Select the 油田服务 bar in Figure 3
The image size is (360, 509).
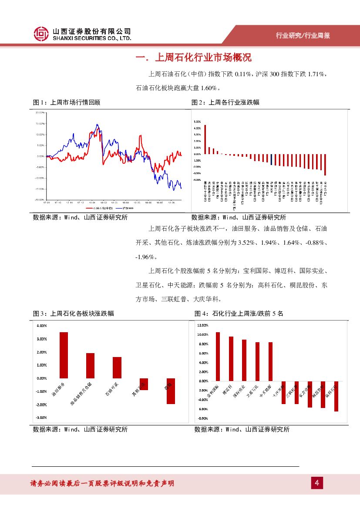[64, 355]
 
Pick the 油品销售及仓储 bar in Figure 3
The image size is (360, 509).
[90, 365]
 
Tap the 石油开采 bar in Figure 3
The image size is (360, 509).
[117, 367]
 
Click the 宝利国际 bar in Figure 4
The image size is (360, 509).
[218, 356]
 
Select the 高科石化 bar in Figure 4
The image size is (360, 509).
[336, 396]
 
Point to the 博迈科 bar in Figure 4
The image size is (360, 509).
[231, 358]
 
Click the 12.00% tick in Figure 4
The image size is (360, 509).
[203, 325]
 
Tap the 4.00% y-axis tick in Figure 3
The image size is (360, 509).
[42, 326]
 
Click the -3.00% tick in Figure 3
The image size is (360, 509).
[42, 418]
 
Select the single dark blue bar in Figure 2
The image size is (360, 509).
[272, 159]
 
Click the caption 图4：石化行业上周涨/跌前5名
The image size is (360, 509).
[239, 313]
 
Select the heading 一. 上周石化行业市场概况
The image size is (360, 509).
[193, 58]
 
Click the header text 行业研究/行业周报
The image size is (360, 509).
[303, 36]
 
